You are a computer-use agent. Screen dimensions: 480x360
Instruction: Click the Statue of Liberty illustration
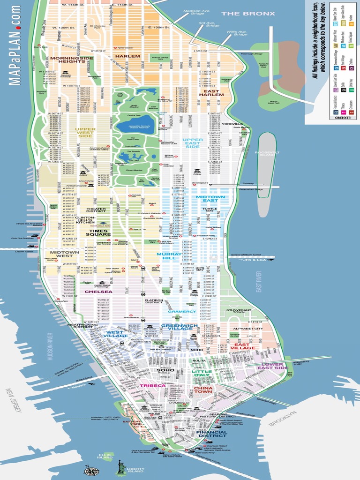coord(121,464)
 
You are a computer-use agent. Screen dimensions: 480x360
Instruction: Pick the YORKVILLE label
coord(232,124)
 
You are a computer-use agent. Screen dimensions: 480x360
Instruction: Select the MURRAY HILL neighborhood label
coord(166,255)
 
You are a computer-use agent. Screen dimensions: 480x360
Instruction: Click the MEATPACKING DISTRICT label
coord(82,325)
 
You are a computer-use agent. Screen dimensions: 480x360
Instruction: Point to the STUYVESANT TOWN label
coord(239,312)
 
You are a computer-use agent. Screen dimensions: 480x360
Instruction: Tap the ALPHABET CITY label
coord(248,329)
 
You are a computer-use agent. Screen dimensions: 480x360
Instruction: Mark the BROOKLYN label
coord(283,419)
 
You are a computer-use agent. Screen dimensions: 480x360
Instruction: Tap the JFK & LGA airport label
coord(256,259)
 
